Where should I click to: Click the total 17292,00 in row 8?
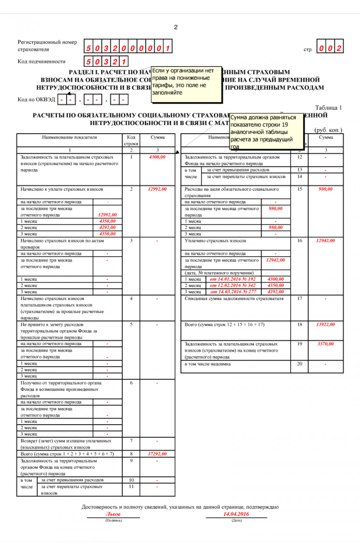pos(157,454)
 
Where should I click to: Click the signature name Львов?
pos(113,514)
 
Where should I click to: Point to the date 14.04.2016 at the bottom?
pos(236,514)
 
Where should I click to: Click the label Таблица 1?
pos(329,107)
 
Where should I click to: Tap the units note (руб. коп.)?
pos(328,130)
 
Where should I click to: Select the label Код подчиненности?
pos(42,61)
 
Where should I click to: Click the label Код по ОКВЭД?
pos(36,99)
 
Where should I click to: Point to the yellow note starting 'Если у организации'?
pos(186,83)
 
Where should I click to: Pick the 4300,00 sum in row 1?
pos(157,157)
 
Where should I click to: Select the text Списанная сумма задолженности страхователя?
pos(234,298)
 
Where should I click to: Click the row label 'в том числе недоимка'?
pos(208,364)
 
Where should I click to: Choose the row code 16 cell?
pos(300,240)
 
